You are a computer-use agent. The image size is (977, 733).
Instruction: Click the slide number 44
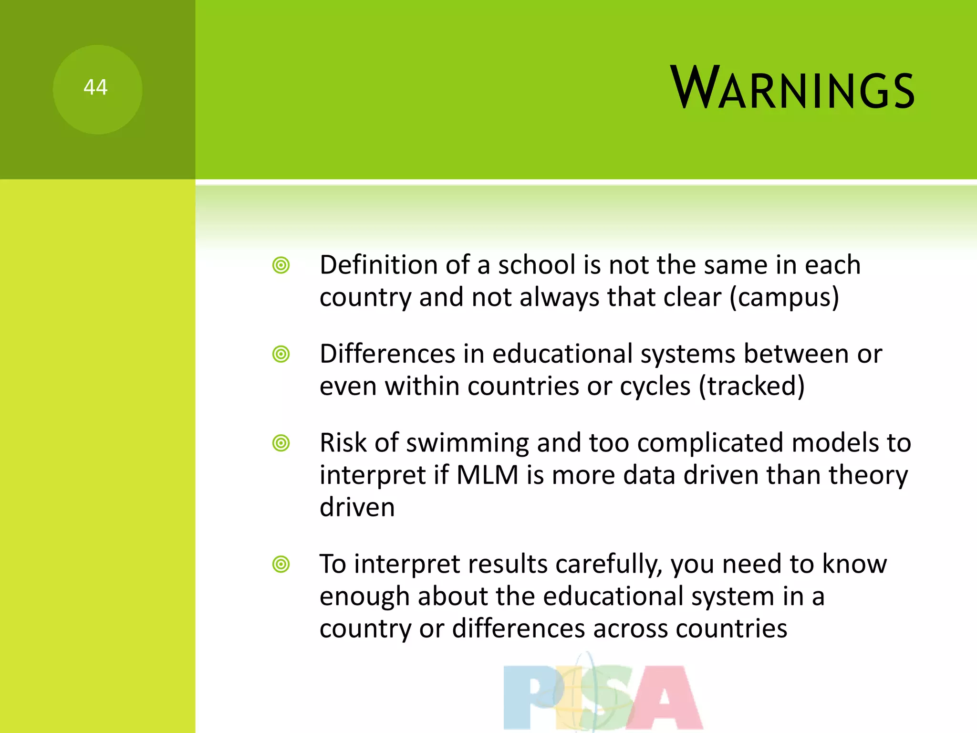95,88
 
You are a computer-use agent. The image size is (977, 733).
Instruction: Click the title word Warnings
792,88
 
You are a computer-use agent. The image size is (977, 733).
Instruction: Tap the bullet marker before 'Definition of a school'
281,265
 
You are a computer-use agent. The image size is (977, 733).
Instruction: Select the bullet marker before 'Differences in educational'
281,354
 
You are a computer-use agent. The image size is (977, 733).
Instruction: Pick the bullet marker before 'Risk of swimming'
281,443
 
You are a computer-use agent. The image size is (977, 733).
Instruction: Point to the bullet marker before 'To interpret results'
281,565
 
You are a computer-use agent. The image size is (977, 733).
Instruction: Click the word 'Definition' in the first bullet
378,265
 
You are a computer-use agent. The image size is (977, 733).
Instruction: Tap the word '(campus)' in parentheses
784,298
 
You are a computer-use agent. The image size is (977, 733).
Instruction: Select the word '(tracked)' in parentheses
752,386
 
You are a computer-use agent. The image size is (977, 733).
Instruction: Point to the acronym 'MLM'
487,475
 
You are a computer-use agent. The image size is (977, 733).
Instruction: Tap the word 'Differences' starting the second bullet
387,354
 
